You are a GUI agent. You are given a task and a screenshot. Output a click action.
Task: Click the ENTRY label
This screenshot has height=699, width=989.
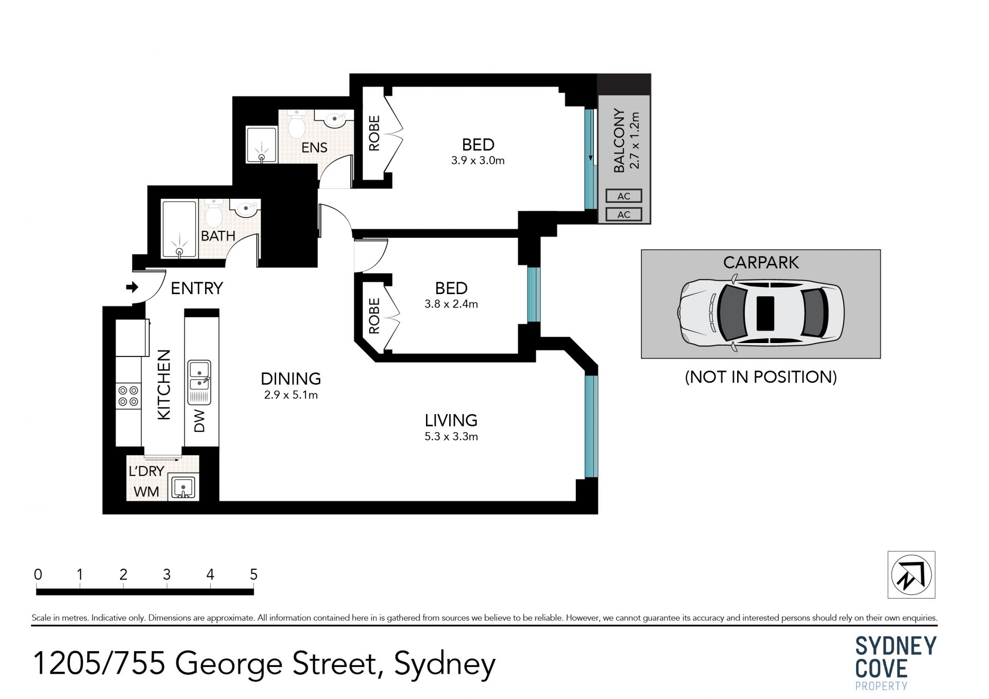coord(197,288)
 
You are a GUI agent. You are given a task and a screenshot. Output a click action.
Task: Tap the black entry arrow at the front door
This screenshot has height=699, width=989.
coord(132,287)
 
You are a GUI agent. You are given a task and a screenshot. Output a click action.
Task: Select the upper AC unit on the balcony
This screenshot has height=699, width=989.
coord(624,196)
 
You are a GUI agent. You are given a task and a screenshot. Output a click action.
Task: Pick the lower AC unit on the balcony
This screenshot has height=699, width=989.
coord(624,214)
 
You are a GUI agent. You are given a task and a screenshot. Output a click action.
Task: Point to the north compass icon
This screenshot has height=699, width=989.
coord(911,575)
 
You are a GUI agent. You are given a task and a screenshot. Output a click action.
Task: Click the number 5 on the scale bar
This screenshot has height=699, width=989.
coord(253,574)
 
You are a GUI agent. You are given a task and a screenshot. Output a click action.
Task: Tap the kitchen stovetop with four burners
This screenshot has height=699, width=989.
coord(128,396)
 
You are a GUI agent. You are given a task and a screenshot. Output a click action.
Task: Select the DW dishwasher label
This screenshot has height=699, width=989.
coord(200,421)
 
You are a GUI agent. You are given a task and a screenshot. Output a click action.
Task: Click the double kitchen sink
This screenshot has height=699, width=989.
coord(199,382)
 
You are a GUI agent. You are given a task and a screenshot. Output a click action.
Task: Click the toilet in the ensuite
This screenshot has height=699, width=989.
coord(297,125)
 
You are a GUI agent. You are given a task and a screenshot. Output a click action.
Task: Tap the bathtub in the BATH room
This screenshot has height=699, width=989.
coord(179,229)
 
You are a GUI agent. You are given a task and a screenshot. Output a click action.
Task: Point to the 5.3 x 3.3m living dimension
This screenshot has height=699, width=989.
coord(451,437)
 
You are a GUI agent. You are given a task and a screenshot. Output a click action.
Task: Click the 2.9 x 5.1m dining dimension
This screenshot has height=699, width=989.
coord(291,395)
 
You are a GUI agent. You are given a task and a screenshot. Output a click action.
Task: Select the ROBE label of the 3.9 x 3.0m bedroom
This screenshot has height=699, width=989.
coord(374,133)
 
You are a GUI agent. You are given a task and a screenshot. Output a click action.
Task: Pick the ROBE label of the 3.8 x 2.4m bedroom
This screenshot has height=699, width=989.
coord(374,316)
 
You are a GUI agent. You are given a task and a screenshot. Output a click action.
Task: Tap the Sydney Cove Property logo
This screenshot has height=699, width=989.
coord(896,663)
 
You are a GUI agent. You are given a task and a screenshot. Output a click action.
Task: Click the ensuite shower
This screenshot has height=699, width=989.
coord(262,145)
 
